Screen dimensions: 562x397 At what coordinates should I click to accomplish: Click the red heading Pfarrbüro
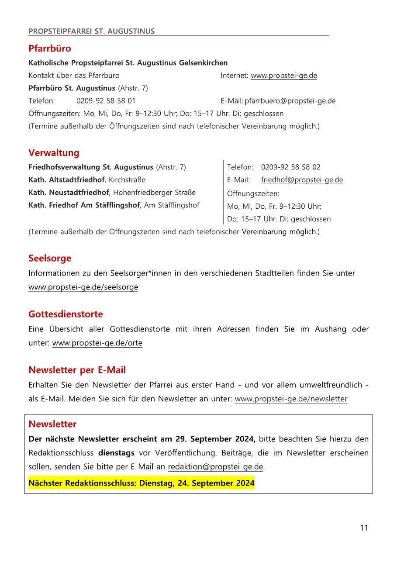coord(49,48)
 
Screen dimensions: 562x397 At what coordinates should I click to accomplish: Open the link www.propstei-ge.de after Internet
coord(283,76)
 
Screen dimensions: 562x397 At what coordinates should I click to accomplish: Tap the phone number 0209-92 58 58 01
coord(106,101)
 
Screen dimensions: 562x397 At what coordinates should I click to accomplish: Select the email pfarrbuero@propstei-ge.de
coord(290,101)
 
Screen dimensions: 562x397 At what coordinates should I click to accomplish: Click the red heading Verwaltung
coord(54,153)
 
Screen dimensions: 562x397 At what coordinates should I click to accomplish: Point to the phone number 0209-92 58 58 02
coord(290,167)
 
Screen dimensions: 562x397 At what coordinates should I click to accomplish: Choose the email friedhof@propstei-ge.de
coord(302,180)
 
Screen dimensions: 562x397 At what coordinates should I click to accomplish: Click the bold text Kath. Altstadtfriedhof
coord(66,180)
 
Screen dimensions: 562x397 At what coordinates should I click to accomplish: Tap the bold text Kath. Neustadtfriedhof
coord(69,193)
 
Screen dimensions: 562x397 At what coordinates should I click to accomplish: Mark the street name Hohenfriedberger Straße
coord(154,193)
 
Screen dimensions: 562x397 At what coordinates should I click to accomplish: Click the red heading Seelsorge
coord(50,258)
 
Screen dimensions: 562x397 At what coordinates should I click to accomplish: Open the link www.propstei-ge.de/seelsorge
coord(83,287)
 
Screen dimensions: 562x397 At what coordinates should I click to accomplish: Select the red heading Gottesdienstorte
coord(66,314)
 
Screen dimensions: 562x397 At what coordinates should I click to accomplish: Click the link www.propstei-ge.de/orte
coord(97,343)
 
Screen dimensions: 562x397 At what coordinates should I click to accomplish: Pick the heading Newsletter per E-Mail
coord(77,370)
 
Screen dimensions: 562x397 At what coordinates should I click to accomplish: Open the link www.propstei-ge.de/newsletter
coord(291,399)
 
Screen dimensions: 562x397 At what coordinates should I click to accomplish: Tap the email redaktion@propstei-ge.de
coord(215,467)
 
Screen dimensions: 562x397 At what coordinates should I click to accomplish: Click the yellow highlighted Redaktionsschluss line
coord(141,483)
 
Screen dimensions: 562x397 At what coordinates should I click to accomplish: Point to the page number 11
coord(364,528)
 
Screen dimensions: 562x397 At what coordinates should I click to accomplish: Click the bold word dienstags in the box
coord(116,453)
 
